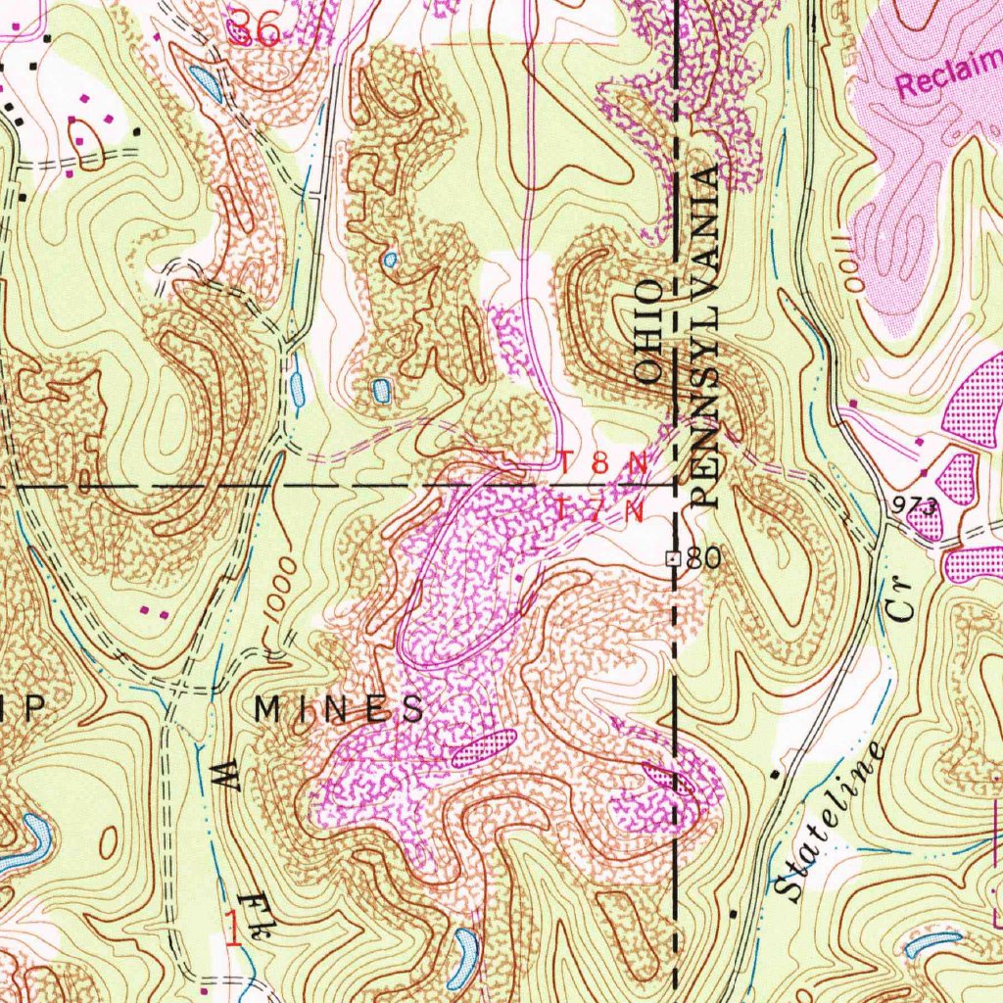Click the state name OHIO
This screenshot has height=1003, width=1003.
649,328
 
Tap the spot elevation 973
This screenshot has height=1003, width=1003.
915,504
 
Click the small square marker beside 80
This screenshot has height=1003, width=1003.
673,558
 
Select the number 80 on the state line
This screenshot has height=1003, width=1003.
702,558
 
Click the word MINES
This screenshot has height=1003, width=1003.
340,709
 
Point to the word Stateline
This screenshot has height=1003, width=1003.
830,824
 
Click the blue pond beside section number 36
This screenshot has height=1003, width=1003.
207,85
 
